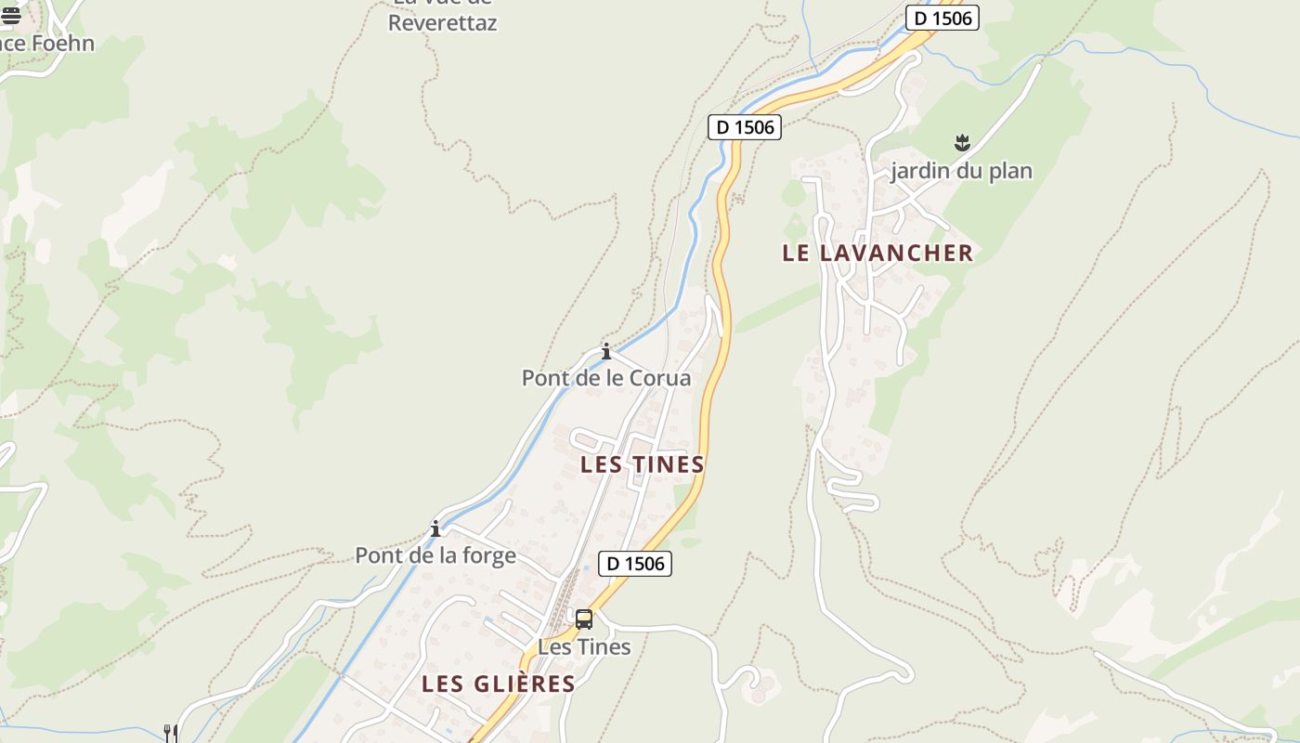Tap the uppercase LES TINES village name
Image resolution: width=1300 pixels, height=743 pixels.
643,464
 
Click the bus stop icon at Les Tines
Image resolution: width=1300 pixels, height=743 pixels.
584,619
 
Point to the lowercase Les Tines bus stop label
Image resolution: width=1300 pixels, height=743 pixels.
584,646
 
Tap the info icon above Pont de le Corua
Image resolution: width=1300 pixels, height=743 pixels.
606,351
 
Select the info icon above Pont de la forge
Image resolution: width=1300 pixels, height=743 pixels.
435,528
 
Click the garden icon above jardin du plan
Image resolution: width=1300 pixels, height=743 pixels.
962,143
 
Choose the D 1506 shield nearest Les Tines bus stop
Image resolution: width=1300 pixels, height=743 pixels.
635,563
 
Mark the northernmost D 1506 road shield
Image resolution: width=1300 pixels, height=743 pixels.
942,18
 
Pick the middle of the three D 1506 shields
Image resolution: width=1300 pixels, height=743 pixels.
745,127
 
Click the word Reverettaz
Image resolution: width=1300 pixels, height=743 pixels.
442,23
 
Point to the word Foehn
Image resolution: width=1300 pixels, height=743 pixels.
62,43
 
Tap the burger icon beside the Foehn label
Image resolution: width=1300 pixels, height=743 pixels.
10,15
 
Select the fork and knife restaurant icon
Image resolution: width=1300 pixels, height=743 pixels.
170,733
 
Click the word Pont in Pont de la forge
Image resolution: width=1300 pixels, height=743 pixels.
378,555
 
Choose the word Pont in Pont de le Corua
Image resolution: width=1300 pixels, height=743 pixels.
544,378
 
